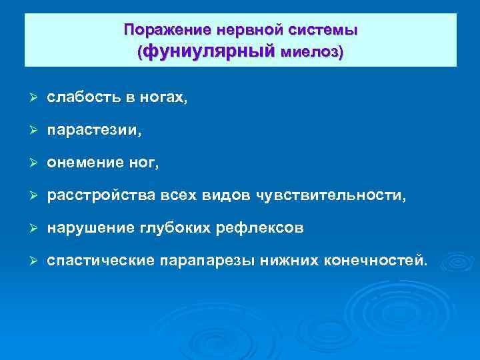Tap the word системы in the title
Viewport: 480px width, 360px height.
324,30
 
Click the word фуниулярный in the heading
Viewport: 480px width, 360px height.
209,51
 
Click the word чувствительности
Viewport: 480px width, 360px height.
337,195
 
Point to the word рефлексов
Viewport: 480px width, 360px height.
260,227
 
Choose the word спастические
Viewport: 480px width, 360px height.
101,260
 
